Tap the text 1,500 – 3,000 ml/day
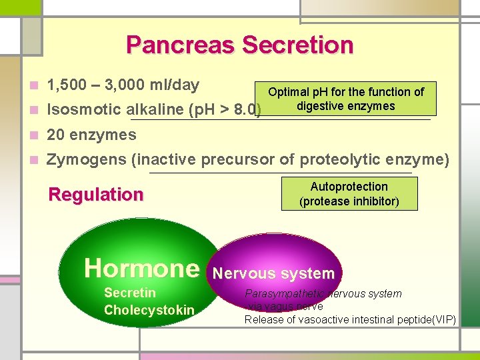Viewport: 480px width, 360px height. tap(123, 85)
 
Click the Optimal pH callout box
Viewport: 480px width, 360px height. tap(345, 99)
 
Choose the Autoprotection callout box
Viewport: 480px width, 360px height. tap(349, 194)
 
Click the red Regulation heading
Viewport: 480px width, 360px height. tap(96, 195)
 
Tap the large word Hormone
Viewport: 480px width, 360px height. tap(141, 268)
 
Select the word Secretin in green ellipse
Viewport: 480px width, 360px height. tap(130, 293)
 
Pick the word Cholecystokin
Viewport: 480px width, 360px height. tap(149, 310)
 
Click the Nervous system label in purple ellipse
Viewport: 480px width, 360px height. tap(273, 273)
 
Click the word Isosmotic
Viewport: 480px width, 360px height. tap(84, 110)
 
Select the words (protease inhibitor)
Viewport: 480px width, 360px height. tap(349, 201)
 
